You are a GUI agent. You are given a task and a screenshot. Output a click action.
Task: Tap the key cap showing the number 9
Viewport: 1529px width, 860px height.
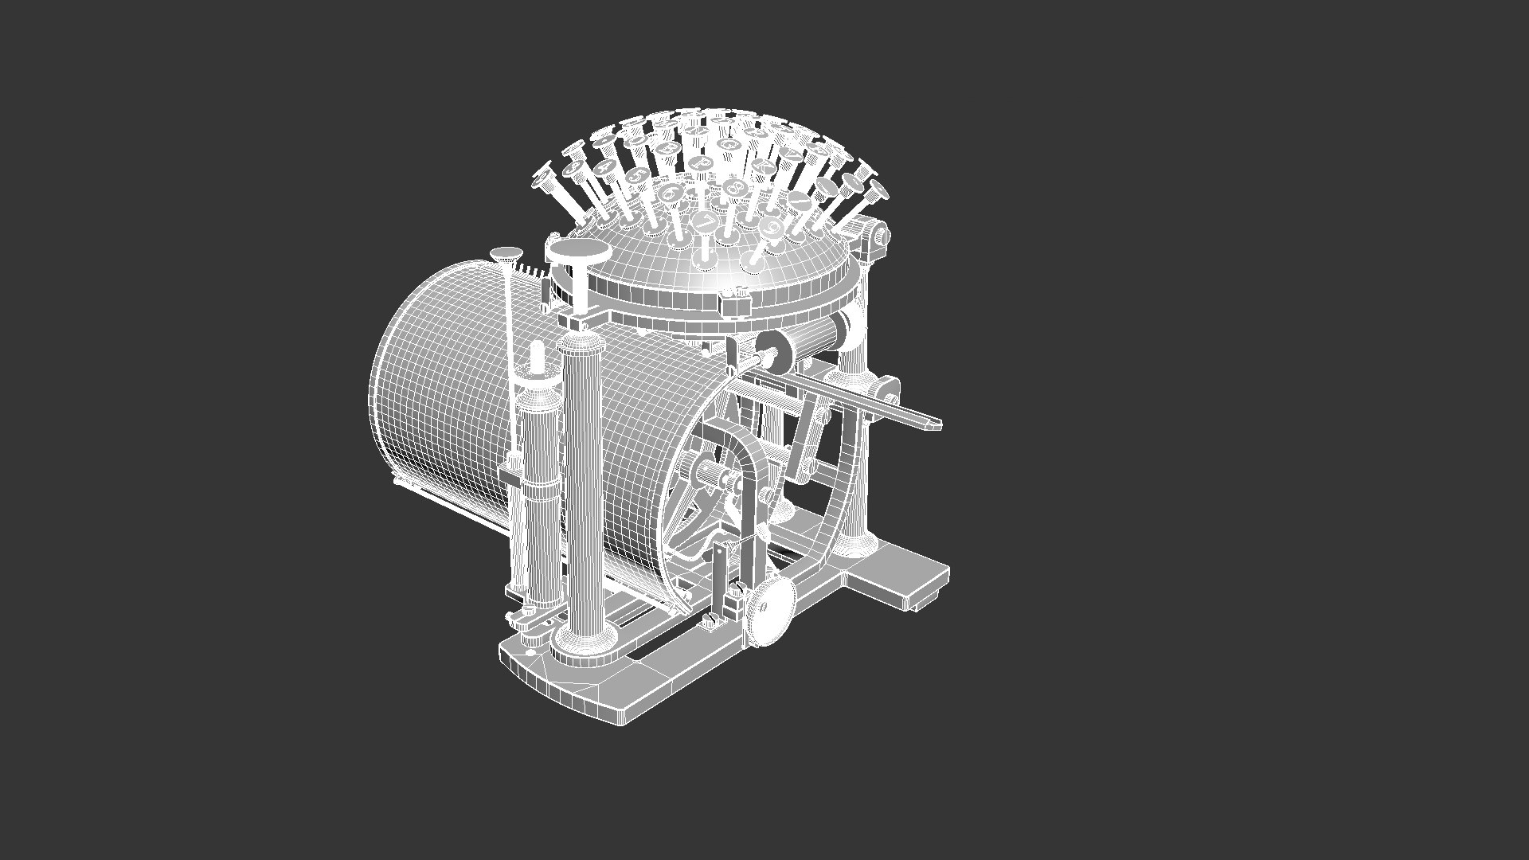pyautogui.click(x=771, y=227)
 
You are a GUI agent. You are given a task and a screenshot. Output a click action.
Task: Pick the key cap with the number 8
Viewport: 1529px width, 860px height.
pyautogui.click(x=733, y=189)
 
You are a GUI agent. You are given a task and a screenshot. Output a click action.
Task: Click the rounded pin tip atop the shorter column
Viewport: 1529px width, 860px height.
pyautogui.click(x=538, y=350)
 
